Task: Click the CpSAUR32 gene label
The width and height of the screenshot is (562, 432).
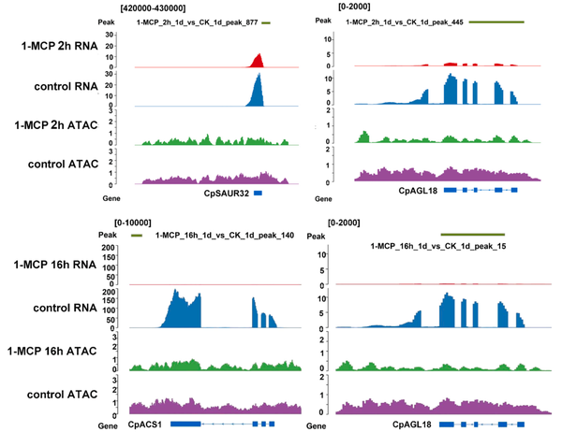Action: pos(226,193)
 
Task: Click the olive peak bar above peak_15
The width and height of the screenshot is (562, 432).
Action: pos(472,235)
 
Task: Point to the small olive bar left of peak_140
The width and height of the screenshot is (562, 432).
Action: pos(137,236)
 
